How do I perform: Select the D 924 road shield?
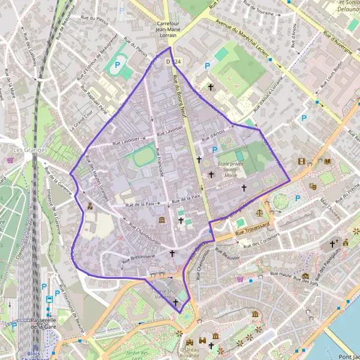[175, 62]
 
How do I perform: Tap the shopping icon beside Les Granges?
[10, 160]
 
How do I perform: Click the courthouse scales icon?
[260, 212]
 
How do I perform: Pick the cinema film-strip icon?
[301, 161]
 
